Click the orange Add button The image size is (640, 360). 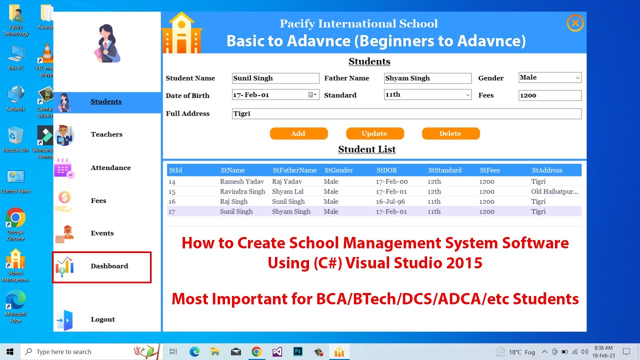(x=298, y=133)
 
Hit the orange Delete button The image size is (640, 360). (x=450, y=133)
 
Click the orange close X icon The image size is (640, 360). (x=575, y=23)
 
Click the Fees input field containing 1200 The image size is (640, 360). (x=549, y=95)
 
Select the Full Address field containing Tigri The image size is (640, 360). (x=406, y=114)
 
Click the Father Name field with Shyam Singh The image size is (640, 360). (x=427, y=78)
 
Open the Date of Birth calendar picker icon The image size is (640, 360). (x=311, y=95)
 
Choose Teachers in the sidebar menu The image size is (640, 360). (x=106, y=134)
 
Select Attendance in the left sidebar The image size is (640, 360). (x=110, y=168)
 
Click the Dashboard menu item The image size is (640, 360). (x=109, y=266)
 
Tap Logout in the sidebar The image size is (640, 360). (x=102, y=319)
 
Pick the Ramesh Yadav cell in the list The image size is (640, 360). (x=241, y=182)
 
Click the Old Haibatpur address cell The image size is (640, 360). (x=554, y=192)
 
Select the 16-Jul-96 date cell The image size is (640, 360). (x=392, y=202)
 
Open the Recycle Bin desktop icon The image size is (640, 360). (x=15, y=138)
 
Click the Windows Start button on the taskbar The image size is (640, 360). (x=9, y=351)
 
